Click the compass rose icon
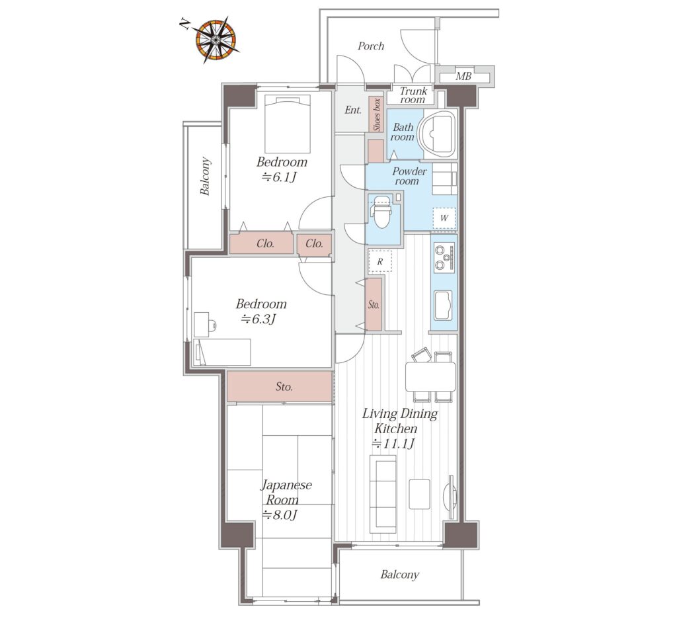pyautogui.click(x=215, y=40)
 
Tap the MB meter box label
pyautogui.click(x=463, y=77)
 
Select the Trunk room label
pyautogui.click(x=413, y=95)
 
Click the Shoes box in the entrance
pyautogui.click(x=377, y=114)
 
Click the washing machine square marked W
pyautogui.click(x=444, y=218)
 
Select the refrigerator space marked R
pyautogui.click(x=380, y=261)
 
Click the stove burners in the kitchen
pyautogui.click(x=444, y=257)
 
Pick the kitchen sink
pyautogui.click(x=444, y=306)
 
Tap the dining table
pyautogui.click(x=430, y=376)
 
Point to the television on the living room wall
pyautogui.click(x=451, y=497)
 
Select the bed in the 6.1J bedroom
pyautogui.click(x=288, y=124)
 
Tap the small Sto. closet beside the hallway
pyautogui.click(x=374, y=304)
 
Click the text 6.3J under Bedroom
pyautogui.click(x=259, y=319)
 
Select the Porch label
pyautogui.click(x=371, y=46)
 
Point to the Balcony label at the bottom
pyautogui.click(x=400, y=574)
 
